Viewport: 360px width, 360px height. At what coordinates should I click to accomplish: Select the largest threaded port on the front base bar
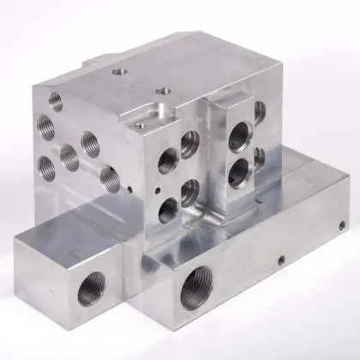pyautogui.click(x=195, y=299)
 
